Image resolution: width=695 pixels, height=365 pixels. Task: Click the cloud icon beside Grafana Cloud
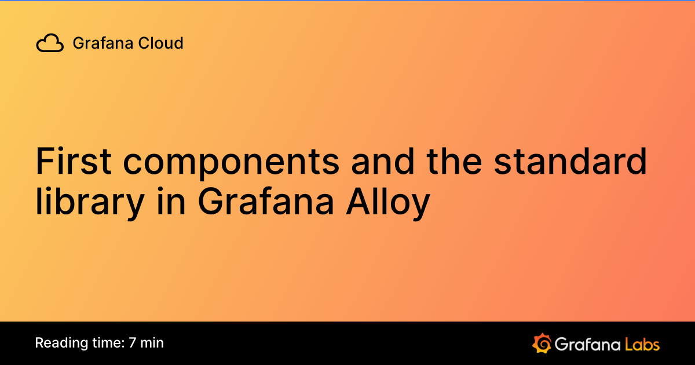click(50, 43)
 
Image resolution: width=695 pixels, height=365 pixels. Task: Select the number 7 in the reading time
click(133, 342)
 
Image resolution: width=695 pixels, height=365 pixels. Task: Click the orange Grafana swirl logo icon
click(541, 343)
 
